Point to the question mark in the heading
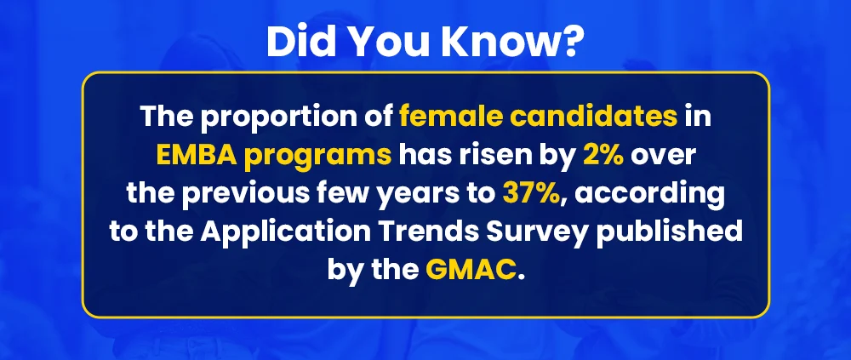tap(568, 43)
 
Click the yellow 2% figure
tap(604, 155)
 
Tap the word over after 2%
tap(663, 155)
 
